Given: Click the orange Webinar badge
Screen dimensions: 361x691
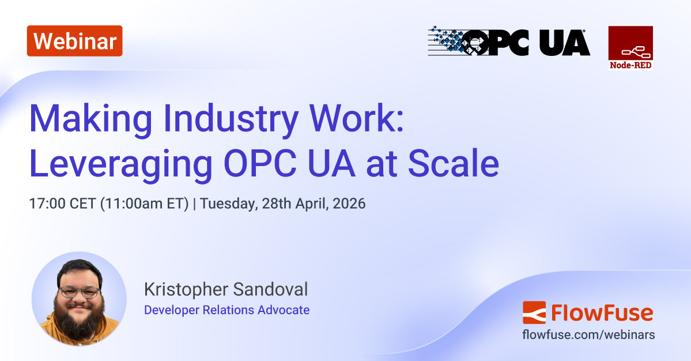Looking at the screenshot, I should tap(74, 41).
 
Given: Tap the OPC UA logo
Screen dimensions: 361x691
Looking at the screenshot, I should tap(509, 42).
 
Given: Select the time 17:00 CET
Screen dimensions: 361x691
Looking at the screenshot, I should tap(62, 204).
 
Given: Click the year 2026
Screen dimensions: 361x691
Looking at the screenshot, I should tap(349, 204).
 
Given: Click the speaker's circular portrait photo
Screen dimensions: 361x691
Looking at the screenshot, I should tap(79, 299).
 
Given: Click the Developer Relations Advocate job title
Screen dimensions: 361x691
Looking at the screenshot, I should tap(226, 310).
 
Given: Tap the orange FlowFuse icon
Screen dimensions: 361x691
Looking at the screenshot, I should tap(534, 313).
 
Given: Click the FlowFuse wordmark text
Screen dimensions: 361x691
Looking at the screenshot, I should tap(602, 313).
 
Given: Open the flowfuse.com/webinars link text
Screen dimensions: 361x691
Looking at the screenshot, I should tap(588, 334).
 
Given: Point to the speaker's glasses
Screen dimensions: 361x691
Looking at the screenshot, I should tap(79, 292).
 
